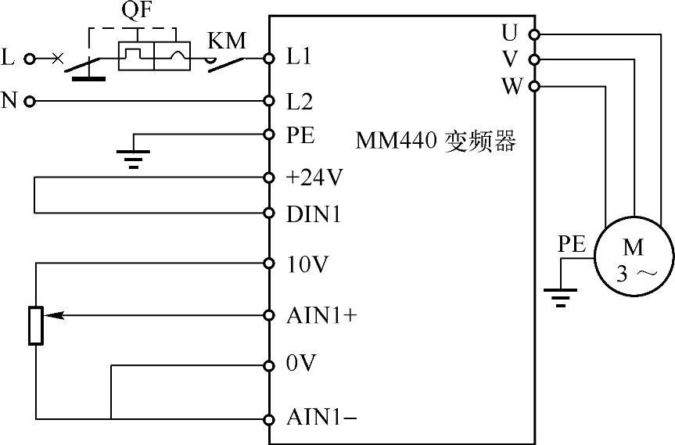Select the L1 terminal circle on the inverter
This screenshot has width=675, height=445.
click(x=269, y=58)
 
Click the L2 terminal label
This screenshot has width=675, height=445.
click(x=300, y=101)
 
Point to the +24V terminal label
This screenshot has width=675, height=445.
click(x=314, y=178)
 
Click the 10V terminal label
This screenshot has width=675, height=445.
click(x=306, y=264)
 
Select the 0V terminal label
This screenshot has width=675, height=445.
click(x=300, y=365)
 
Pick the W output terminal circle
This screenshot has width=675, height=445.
click(x=534, y=86)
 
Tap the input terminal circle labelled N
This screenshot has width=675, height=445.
click(x=30, y=101)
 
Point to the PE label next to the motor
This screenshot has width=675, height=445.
click(x=572, y=244)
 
